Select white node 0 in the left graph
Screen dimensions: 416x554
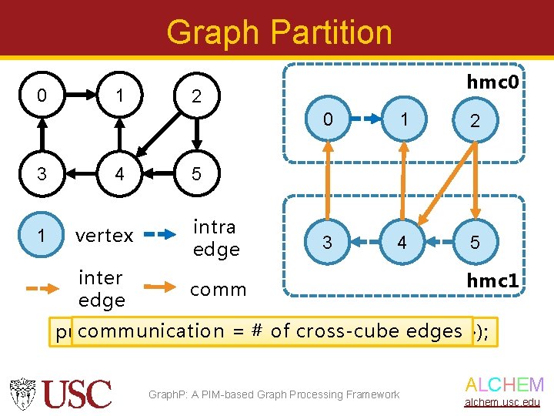[42, 95]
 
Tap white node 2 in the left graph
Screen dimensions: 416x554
[196, 96]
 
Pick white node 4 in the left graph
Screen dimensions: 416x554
[119, 174]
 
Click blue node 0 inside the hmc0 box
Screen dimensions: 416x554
[329, 120]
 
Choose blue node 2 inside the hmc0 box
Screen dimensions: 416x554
[475, 120]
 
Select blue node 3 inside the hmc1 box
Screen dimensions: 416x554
[329, 243]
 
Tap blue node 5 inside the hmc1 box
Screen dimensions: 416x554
[475, 243]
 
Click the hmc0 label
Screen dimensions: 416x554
[492, 81]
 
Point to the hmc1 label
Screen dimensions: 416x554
[492, 281]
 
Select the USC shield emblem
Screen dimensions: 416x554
[24, 393]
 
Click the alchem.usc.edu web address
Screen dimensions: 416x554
[505, 403]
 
